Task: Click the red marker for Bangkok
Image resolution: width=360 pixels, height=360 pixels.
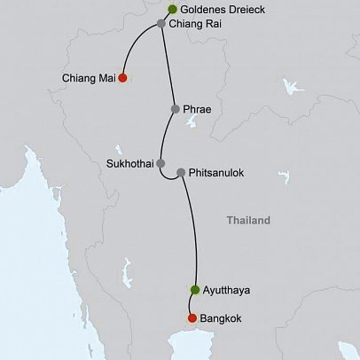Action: [192, 318]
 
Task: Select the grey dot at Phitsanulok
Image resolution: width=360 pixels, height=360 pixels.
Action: [181, 173]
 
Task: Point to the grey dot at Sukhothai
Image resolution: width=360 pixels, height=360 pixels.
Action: [160, 164]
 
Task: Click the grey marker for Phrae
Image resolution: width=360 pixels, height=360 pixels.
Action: [176, 109]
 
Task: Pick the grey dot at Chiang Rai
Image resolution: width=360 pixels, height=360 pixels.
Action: [160, 24]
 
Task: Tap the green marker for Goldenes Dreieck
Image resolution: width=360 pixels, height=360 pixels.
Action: [172, 10]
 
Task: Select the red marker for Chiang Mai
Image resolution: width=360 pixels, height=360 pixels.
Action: [122, 78]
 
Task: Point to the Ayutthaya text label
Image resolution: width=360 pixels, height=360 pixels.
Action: [228, 290]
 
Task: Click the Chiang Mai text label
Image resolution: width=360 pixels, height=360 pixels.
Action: [89, 78]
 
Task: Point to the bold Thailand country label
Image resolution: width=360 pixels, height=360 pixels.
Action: [247, 220]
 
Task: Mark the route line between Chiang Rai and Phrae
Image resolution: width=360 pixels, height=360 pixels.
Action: [168, 67]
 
